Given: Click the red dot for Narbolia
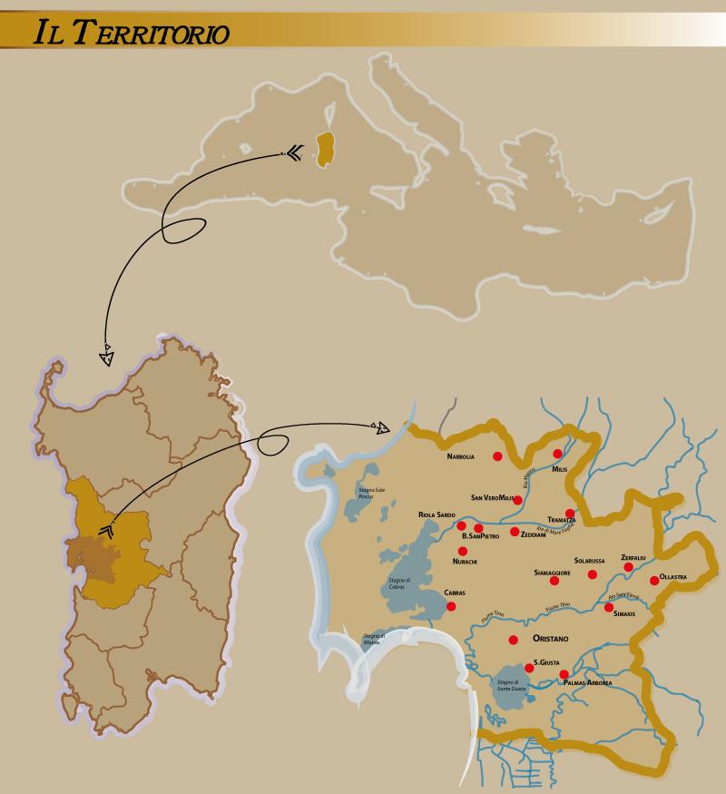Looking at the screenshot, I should pyautogui.click(x=496, y=456).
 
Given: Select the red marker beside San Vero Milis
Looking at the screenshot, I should pyautogui.click(x=517, y=499).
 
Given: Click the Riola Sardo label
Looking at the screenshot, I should pyautogui.click(x=437, y=515).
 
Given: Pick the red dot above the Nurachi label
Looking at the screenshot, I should pyautogui.click(x=463, y=551).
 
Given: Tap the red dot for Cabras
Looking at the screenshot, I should pyautogui.click(x=451, y=606).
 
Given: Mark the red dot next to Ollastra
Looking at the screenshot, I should pyautogui.click(x=653, y=580).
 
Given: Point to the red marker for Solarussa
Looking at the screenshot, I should pyautogui.click(x=593, y=573).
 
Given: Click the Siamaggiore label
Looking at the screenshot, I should pyautogui.click(x=552, y=573).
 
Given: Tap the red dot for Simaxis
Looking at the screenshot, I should pyautogui.click(x=609, y=607).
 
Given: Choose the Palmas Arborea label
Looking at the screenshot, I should pyautogui.click(x=587, y=682).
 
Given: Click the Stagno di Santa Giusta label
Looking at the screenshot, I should pyautogui.click(x=507, y=685).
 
